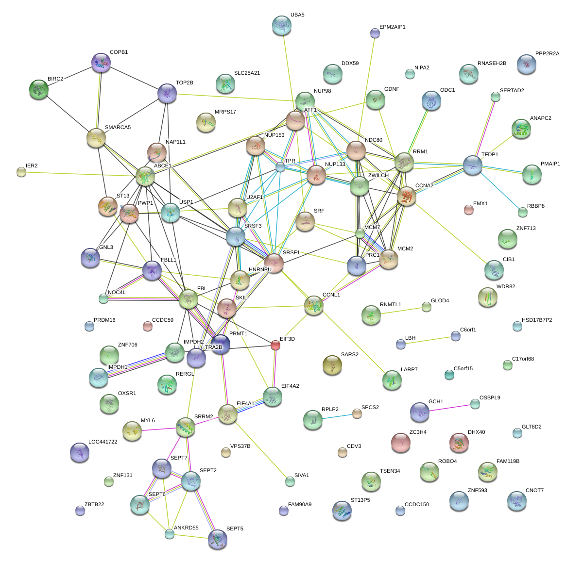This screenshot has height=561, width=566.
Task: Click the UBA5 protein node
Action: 281,25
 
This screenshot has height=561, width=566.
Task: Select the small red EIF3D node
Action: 275,345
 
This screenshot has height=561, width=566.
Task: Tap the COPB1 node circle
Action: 101,63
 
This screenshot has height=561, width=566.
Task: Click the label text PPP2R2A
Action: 547,53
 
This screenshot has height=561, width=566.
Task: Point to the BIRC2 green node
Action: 39,89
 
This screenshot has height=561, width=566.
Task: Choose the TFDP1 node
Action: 472,165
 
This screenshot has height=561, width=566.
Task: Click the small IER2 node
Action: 21,171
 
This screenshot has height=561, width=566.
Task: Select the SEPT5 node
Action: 217,539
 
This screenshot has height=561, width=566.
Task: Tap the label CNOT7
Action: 534,490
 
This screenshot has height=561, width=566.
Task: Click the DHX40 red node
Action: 459,442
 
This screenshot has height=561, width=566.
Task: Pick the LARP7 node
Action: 392,380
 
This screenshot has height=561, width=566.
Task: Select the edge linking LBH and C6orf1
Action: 428,340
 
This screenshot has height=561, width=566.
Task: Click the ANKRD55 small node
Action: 169,534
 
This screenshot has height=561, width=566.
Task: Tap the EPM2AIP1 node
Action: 375,33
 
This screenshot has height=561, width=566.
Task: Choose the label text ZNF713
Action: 526,228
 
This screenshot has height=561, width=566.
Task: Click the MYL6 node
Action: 132,430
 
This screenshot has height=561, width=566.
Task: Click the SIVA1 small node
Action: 290,481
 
